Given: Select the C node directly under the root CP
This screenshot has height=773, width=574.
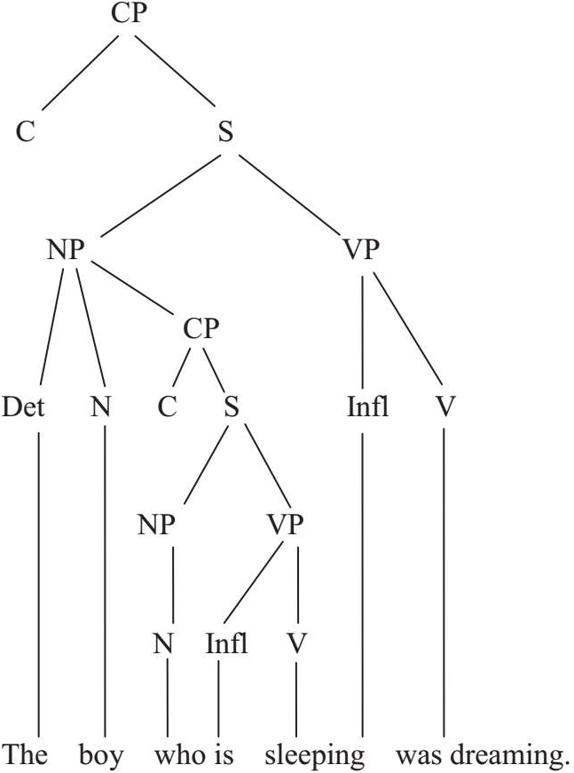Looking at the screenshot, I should (x=26, y=133).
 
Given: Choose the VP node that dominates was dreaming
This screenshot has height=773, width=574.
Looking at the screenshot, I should (x=360, y=250).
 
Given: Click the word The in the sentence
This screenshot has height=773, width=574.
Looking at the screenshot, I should (x=26, y=756).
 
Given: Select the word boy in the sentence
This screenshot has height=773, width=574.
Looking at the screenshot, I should (x=104, y=756).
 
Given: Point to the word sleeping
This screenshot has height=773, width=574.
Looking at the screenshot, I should (x=315, y=756).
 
